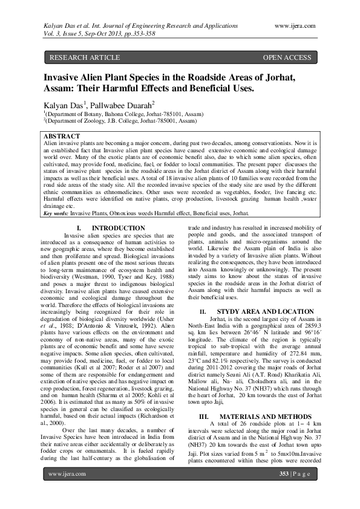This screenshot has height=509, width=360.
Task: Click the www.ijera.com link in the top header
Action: tap(295, 26)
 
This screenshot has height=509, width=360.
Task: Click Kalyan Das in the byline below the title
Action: tap(64, 105)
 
